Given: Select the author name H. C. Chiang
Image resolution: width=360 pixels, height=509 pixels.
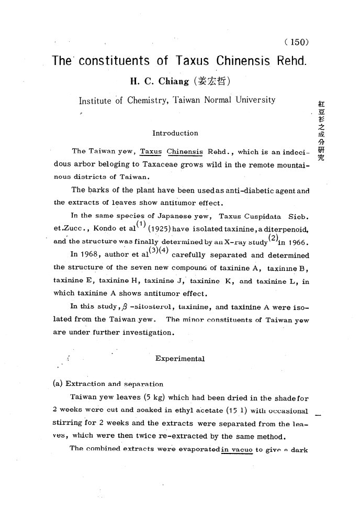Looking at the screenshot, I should click(x=157, y=82).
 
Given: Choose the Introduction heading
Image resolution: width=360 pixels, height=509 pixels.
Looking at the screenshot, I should click(x=175, y=133).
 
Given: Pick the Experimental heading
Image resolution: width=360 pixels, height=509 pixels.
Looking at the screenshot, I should click(x=180, y=359).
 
